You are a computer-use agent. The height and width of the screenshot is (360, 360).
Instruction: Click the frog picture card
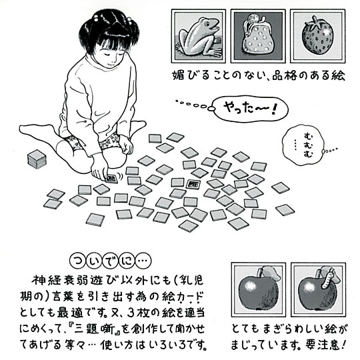(x=199, y=36)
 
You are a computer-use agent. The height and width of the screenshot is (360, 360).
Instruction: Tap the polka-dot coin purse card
(x=258, y=36)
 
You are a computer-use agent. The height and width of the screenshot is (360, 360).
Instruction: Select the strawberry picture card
(x=318, y=36)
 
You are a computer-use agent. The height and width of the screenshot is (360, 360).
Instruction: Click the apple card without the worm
(x=258, y=290)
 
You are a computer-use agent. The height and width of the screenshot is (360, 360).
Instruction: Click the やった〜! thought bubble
(x=249, y=109)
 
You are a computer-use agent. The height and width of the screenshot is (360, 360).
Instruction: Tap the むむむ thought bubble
(x=303, y=145)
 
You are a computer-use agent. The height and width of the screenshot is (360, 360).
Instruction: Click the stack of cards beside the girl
(x=37, y=158)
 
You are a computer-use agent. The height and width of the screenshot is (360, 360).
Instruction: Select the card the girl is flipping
(x=111, y=179)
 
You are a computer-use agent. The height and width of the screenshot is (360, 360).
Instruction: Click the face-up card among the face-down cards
(x=193, y=184)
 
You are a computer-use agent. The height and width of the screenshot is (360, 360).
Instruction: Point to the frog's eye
(x=207, y=23)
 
